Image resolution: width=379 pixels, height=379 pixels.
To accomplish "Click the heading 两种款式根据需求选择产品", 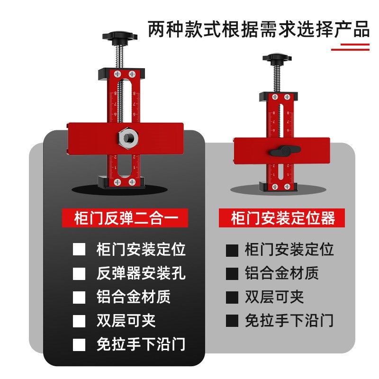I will pos(258,30).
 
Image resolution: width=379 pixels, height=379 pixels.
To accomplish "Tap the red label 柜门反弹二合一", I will pos(126,218).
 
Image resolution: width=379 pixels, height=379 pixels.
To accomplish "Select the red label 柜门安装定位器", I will pos(283,218).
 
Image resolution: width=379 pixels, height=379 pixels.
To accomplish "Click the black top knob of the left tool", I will pos(118,36).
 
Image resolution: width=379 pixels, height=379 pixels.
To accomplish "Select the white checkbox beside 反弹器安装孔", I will pos(79,273).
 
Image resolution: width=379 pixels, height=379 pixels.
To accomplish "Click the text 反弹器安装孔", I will pos(141,273).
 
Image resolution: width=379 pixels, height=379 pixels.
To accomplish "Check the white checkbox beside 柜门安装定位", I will pos(79,250).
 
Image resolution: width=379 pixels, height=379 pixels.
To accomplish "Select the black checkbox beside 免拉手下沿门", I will pos(232,321).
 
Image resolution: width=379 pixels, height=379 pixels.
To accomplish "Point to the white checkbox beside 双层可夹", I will pos(79,321).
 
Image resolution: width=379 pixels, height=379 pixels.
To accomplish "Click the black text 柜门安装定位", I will pos(289,250).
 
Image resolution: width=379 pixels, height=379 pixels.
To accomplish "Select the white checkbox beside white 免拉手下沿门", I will pos(79,344).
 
